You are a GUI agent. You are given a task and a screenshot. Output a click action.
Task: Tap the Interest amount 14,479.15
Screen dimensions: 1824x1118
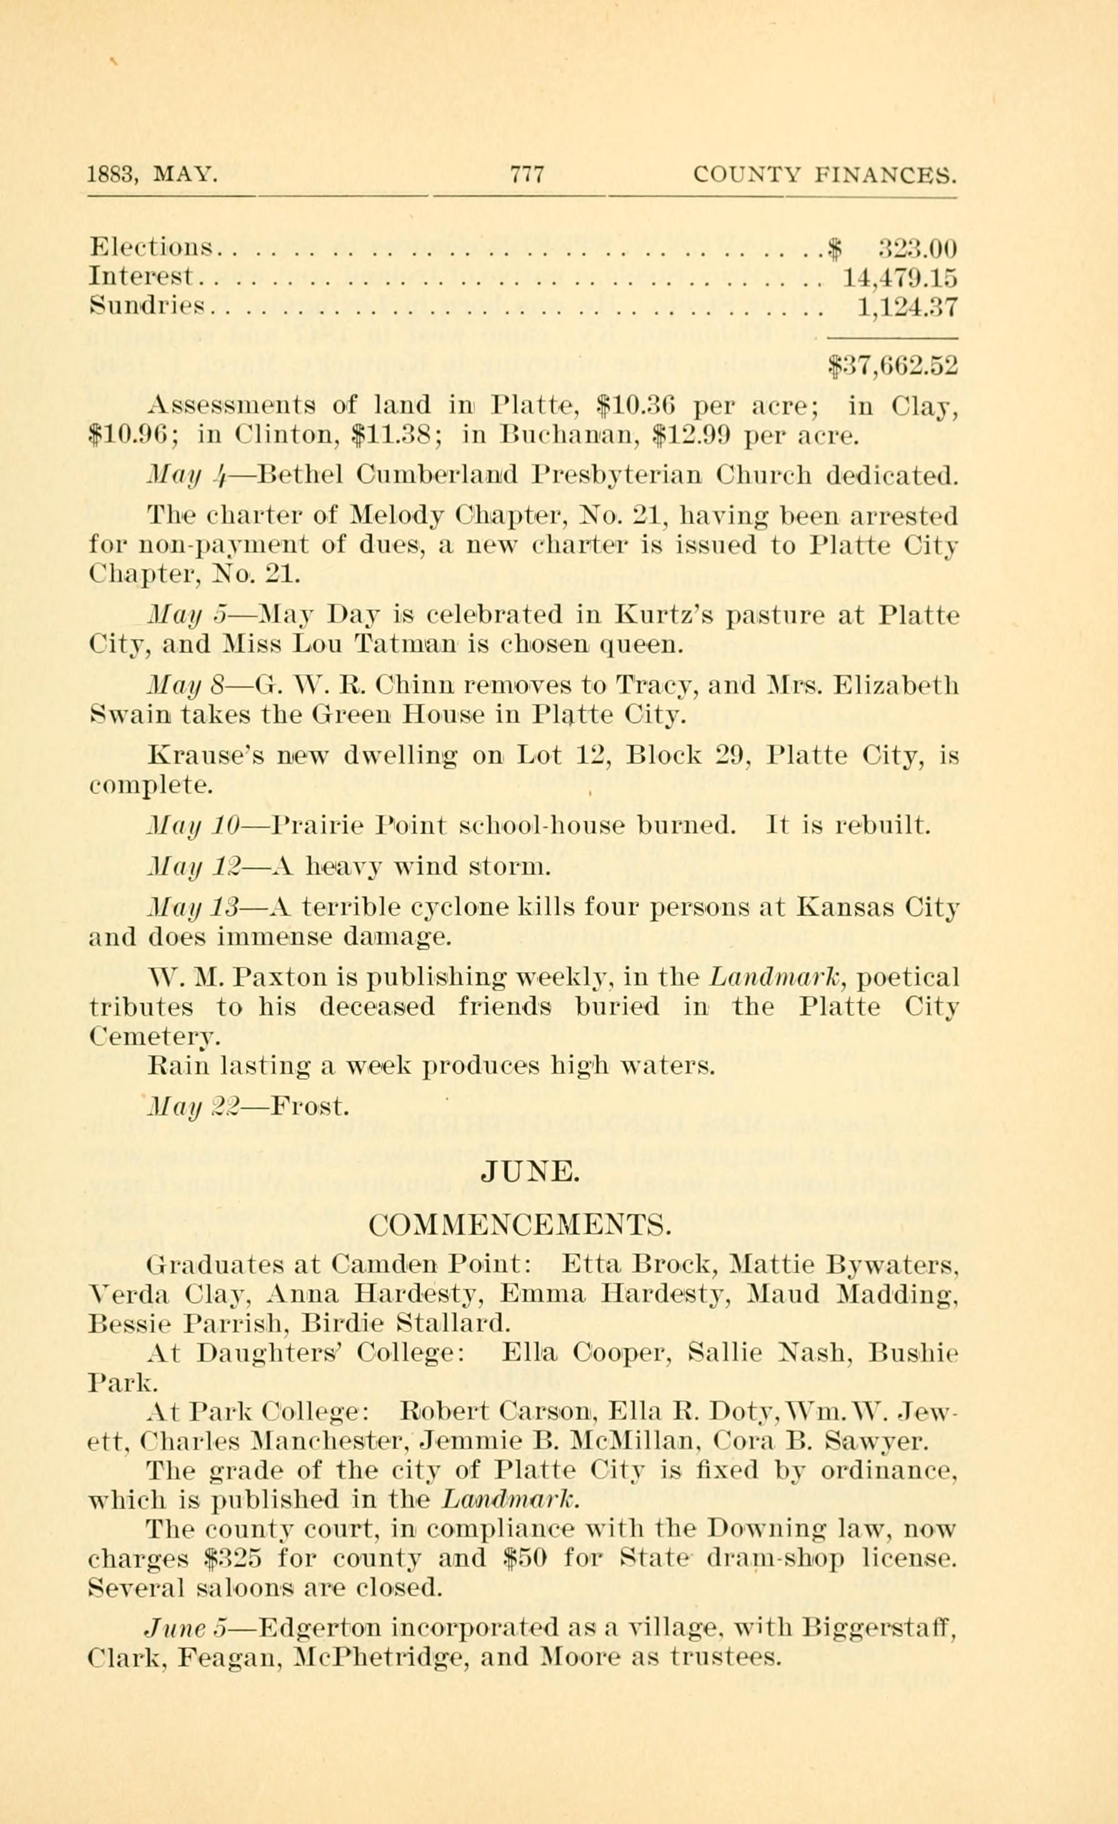(900, 277)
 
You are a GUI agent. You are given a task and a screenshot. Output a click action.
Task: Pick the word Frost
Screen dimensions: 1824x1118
(309, 1108)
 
